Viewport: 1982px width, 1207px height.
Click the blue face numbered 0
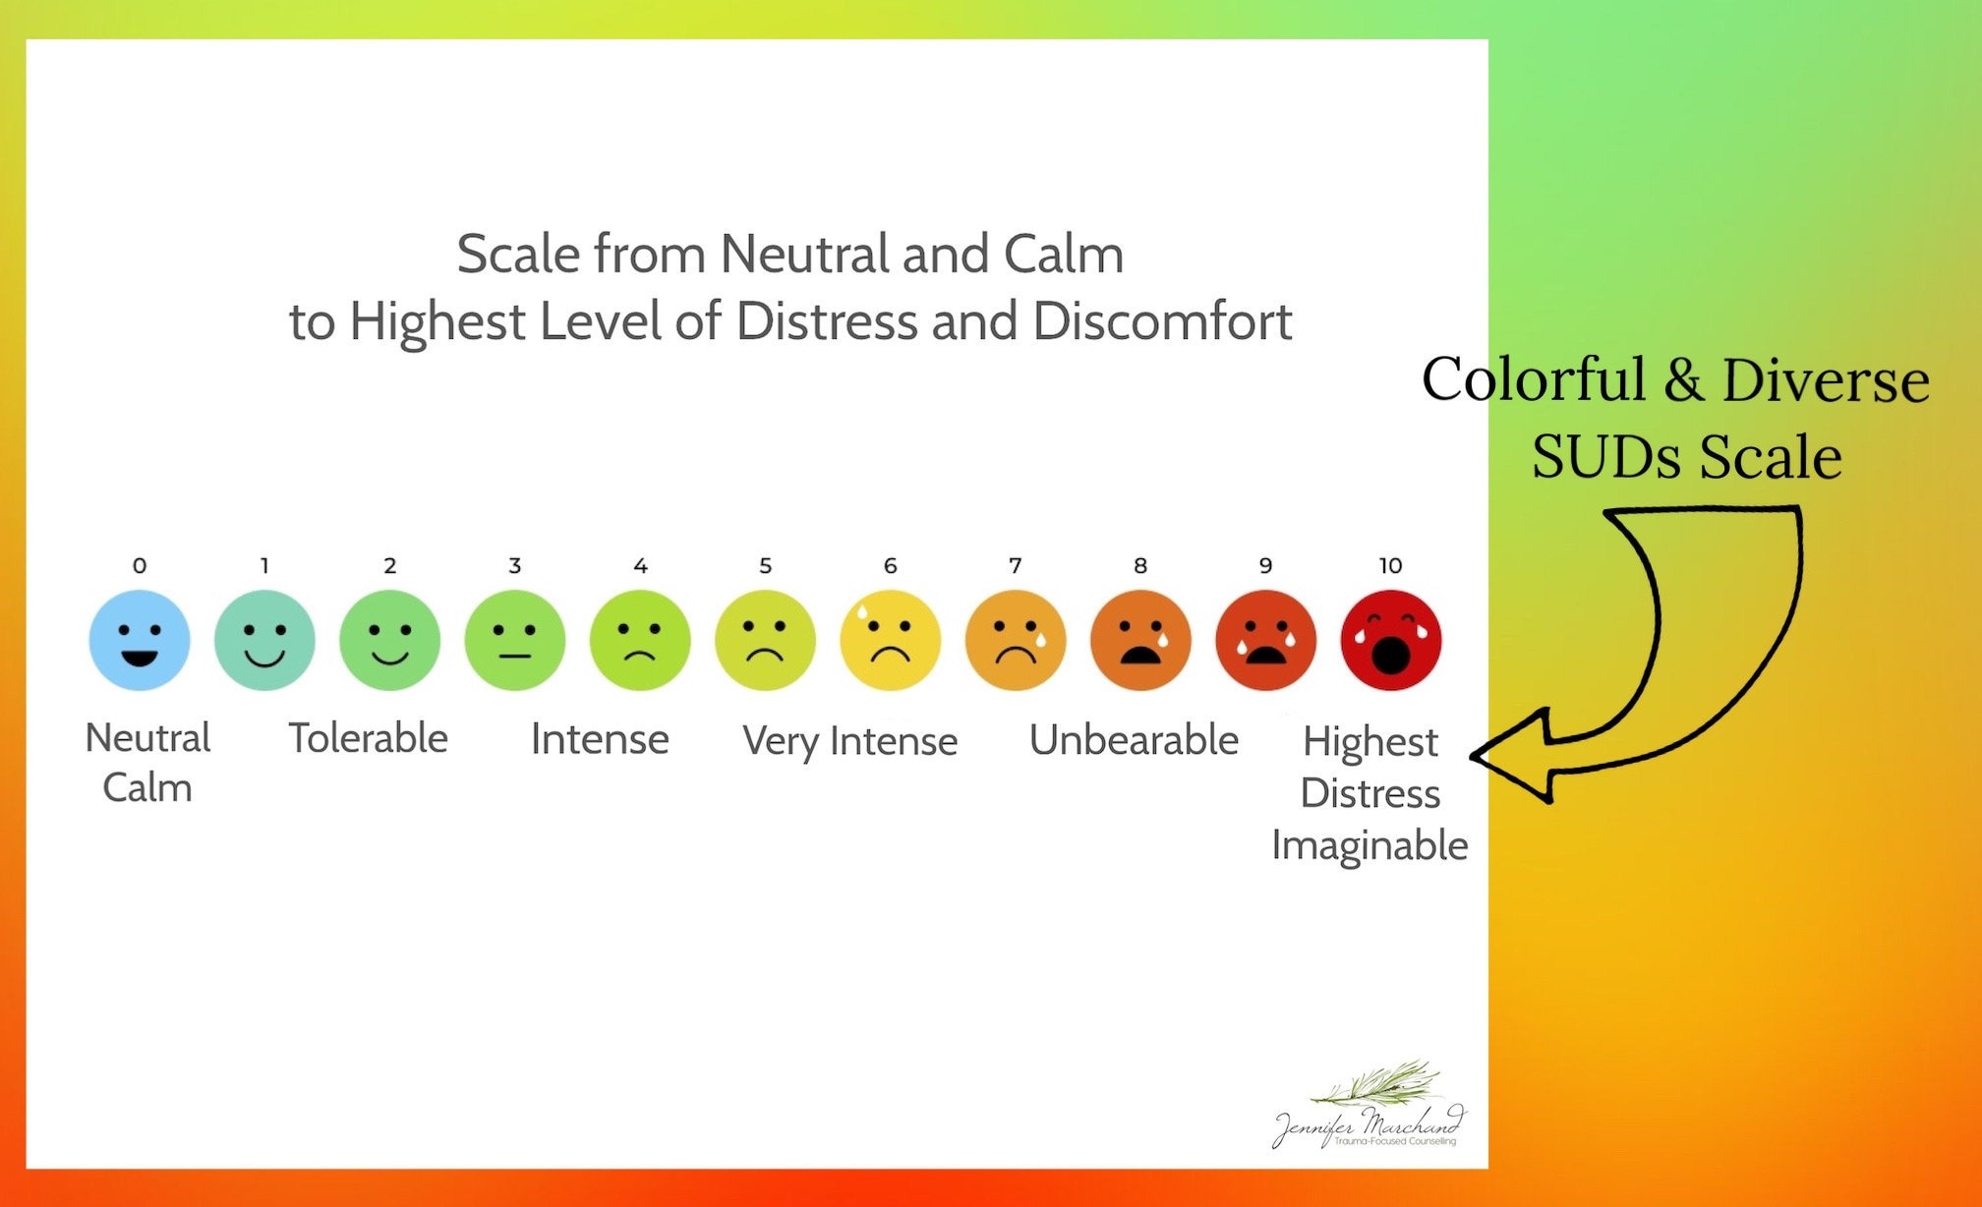coord(139,640)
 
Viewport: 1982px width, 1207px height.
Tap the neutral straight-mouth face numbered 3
coord(514,640)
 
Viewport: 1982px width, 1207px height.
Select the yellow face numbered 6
coord(890,640)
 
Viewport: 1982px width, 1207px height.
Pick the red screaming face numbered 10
coord(1390,640)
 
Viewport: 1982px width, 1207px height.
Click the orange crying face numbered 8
coord(1140,640)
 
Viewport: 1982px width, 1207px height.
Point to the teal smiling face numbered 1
coord(264,640)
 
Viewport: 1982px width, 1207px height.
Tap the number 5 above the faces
coord(765,566)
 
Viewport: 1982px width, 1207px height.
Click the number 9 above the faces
coord(1265,566)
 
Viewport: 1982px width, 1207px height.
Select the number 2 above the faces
coord(389,566)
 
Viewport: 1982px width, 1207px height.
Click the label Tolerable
coord(368,738)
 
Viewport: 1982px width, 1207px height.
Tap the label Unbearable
coord(1134,740)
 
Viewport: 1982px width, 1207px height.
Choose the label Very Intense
coord(849,741)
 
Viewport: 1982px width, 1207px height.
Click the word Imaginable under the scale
coord(1370,845)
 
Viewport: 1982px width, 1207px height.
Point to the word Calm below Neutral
coord(147,788)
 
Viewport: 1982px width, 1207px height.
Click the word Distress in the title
coord(826,321)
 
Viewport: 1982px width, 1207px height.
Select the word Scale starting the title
coord(518,255)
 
